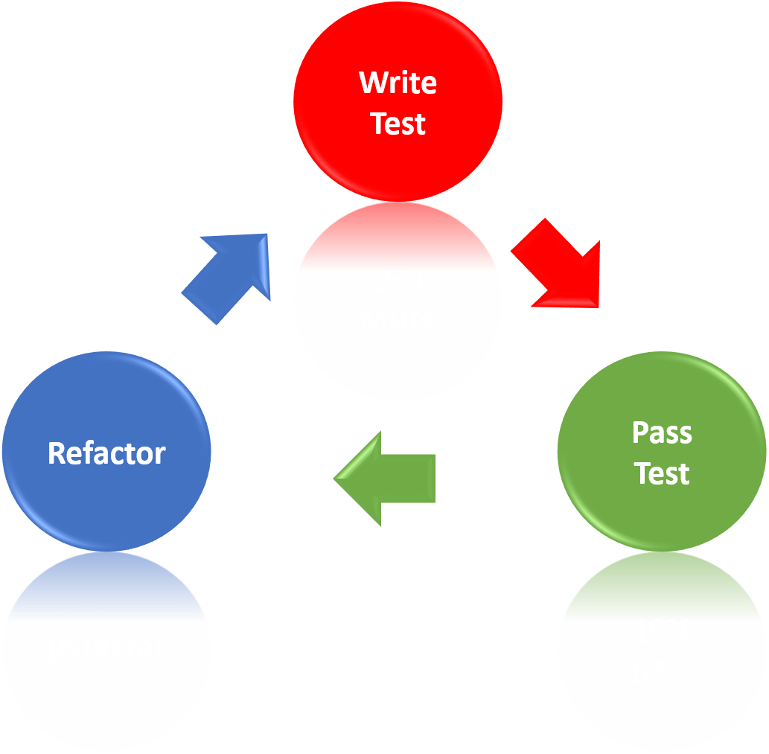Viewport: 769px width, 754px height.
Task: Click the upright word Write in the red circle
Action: [398, 83]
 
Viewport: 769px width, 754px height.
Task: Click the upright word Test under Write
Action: [398, 124]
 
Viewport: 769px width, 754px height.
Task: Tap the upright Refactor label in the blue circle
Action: [106, 453]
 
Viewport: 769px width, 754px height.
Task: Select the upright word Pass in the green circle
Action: [662, 433]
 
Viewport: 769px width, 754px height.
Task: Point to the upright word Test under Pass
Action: [662, 474]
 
